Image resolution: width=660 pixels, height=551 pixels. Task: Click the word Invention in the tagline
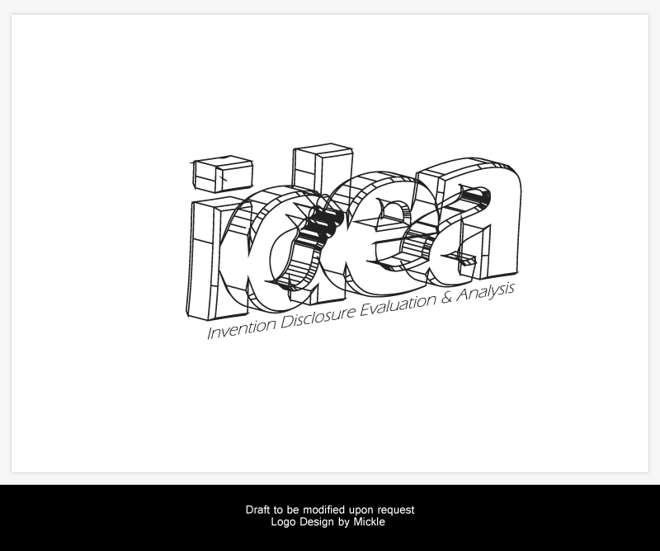click(241, 329)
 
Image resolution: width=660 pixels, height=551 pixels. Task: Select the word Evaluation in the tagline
click(398, 306)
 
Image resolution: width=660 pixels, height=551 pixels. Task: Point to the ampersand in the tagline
click(446, 298)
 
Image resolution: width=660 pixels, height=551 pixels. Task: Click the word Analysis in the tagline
click(485, 292)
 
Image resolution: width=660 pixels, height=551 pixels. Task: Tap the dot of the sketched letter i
click(222, 174)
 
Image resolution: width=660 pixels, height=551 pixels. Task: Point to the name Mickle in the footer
click(369, 522)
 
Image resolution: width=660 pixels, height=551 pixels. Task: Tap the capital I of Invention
click(210, 333)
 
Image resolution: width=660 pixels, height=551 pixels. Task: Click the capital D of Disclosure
click(288, 322)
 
